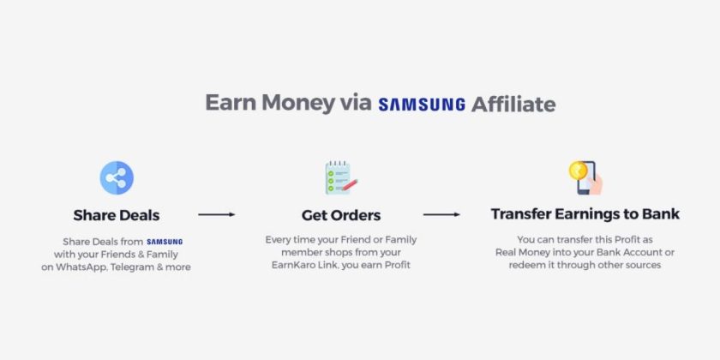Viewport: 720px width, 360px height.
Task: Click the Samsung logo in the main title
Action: (423, 105)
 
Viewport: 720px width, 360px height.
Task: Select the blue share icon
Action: (117, 178)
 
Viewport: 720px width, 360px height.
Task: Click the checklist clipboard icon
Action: (340, 177)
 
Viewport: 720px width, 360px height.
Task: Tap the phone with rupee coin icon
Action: (585, 177)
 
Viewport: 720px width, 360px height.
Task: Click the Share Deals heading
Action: (117, 214)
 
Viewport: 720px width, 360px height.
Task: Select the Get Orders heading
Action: (341, 214)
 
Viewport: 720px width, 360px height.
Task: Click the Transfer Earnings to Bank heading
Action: (585, 214)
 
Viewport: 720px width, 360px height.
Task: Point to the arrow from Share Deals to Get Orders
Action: (216, 214)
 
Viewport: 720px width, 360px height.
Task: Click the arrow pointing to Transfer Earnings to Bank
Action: (441, 214)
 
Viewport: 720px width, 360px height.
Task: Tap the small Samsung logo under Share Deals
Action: (165, 242)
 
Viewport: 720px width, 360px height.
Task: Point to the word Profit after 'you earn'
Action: (397, 266)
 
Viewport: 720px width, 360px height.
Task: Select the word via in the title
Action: (359, 105)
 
